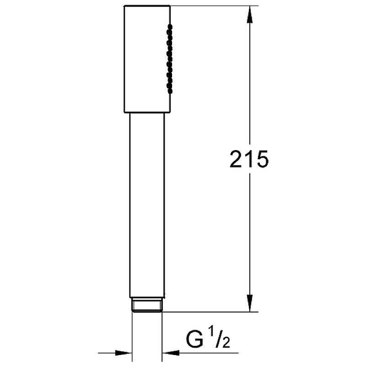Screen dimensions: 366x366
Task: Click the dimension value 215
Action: click(249, 159)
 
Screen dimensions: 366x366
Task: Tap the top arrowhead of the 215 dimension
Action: click(250, 15)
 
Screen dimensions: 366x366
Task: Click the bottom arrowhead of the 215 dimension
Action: click(250, 303)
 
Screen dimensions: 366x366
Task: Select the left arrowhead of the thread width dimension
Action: click(124, 353)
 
